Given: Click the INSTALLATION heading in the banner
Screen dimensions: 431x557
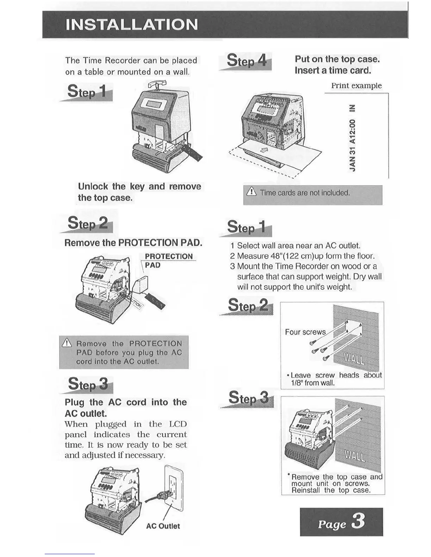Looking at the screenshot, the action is coord(132,25).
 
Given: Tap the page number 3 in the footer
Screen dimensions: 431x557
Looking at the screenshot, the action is coord(358,521).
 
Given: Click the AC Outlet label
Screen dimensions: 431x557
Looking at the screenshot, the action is coord(163,526).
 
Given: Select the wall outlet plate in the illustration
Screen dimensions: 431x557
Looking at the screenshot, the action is coord(174,488).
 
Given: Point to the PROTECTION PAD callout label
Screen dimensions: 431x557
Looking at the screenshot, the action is coord(169,261).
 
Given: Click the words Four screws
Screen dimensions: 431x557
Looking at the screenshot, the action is coord(305,332).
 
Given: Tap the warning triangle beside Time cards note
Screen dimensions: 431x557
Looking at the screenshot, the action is coord(251,192).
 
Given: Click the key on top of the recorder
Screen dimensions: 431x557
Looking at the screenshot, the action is coord(156,85).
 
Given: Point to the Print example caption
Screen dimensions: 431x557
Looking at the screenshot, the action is coord(356,85).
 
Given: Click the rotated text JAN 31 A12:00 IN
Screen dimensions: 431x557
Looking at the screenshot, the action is coord(352,138).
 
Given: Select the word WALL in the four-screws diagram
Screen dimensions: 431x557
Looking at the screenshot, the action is coord(354,359).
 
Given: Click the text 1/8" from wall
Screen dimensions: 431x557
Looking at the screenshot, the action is coord(313,383).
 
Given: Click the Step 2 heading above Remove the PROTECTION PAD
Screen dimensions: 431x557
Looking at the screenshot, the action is coord(88,223).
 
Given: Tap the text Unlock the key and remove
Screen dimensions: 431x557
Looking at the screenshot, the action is coord(139,186).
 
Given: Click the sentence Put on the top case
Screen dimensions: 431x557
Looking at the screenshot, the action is coord(337,59).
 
